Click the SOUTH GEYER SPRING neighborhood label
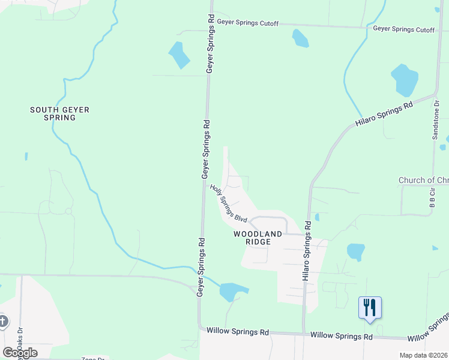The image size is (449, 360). tap(53, 113)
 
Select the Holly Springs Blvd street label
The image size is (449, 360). tap(229, 203)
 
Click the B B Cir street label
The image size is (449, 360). tap(432, 199)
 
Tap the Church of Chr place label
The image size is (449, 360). tap(423, 180)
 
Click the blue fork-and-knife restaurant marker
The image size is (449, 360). tap(370, 308)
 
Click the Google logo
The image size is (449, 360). tap(20, 352)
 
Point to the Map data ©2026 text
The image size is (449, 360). tap(423, 355)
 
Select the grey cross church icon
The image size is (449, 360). tap(2, 321)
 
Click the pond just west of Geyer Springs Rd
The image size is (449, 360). tap(179, 55)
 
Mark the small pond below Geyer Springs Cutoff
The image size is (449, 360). tap(300, 38)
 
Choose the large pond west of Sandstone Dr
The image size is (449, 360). tap(404, 79)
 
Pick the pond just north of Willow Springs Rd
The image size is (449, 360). tap(231, 292)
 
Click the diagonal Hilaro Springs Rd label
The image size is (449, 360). tap(384, 113)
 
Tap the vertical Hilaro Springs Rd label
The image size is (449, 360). tap(307, 251)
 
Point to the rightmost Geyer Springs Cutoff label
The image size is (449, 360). tap(403, 28)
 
